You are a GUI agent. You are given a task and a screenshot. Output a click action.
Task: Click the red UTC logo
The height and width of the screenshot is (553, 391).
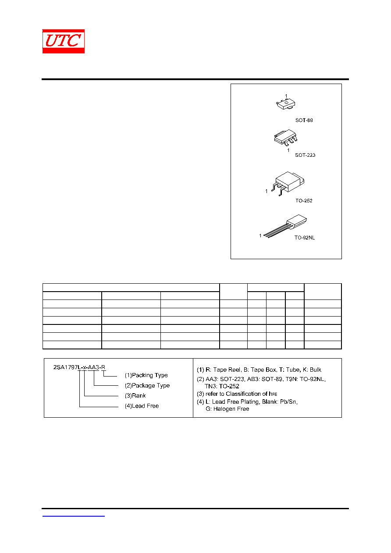(63, 41)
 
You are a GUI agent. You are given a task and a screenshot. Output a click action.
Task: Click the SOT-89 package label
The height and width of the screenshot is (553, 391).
(304, 120)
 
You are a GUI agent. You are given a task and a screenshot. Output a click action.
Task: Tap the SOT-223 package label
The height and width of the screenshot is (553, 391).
(305, 155)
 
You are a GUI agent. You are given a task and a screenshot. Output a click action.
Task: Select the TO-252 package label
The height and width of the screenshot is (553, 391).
(304, 201)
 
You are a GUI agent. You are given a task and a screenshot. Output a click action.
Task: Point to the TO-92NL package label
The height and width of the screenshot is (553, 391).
(304, 237)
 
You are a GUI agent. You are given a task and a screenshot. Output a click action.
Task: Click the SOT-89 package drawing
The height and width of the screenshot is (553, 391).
(285, 104)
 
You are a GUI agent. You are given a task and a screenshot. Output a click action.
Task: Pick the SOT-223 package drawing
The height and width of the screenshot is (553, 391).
(285, 137)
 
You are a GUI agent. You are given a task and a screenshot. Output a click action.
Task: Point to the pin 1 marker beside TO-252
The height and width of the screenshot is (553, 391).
(266, 191)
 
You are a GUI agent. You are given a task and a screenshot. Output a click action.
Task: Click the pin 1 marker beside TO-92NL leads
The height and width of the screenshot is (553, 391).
(260, 236)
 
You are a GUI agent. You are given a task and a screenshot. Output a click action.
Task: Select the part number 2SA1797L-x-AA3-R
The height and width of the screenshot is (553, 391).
(79, 367)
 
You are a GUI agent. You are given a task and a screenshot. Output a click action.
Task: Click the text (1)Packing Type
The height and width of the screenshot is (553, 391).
(146, 375)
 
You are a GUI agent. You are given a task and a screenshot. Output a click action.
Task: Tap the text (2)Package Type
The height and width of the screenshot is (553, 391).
(147, 386)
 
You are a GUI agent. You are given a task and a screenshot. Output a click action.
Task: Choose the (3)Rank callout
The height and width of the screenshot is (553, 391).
(135, 396)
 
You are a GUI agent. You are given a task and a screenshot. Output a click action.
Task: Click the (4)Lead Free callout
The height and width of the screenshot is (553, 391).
(142, 406)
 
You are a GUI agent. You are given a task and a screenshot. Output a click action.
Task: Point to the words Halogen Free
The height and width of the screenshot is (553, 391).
(231, 409)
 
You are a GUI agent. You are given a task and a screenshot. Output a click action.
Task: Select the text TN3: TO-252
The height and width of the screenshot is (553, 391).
(222, 386)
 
